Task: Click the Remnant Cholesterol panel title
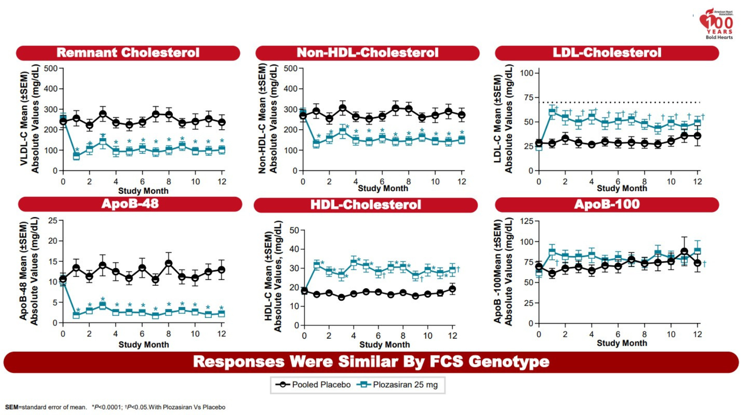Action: click(128, 53)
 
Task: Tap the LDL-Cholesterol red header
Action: click(607, 53)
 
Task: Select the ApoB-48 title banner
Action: click(130, 204)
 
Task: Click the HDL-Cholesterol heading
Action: click(366, 205)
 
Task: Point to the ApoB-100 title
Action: click(607, 204)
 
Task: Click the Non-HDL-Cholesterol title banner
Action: click(367, 53)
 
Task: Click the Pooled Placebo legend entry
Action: click(313, 385)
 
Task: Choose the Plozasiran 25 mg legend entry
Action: click(397, 385)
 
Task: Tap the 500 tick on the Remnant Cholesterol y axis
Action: click(51, 68)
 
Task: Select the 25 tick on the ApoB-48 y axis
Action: click(53, 220)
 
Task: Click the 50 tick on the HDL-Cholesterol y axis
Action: click(294, 230)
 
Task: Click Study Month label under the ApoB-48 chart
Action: click(144, 344)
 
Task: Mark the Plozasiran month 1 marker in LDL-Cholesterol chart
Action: click(552, 112)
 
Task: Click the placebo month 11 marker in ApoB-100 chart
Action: click(684, 252)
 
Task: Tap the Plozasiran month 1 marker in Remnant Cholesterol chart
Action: click(76, 156)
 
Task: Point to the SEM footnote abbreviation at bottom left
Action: click(11, 407)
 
